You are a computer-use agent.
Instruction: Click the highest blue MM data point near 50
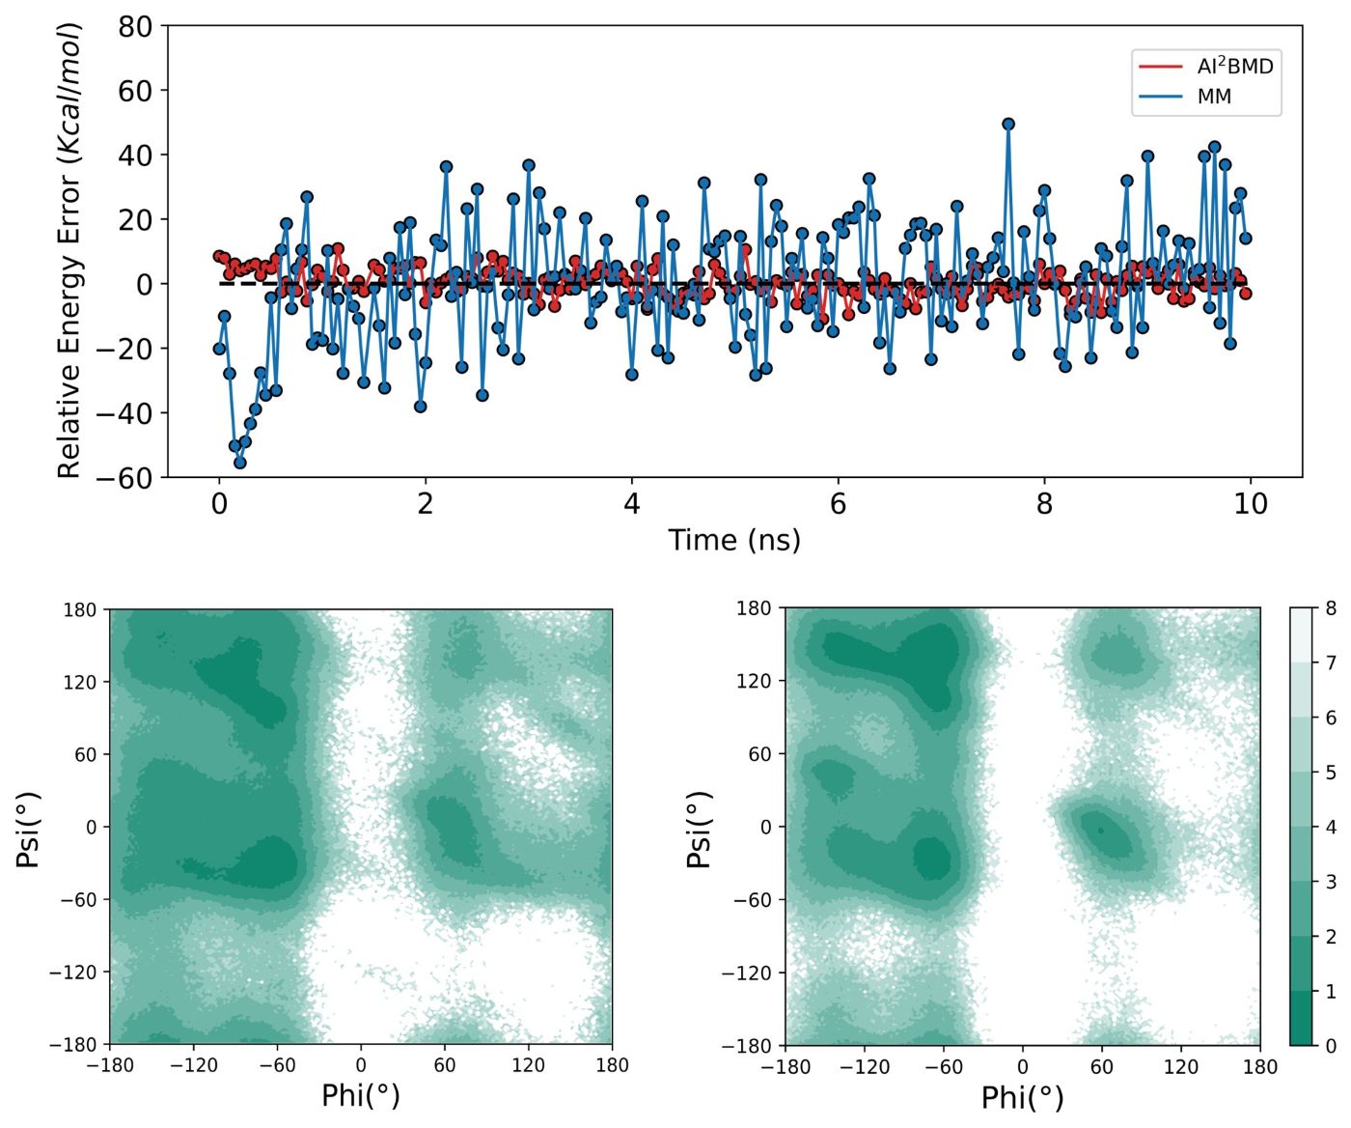coord(1008,124)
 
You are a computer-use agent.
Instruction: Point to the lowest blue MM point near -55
coord(240,463)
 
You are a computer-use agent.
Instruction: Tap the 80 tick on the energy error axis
coord(135,27)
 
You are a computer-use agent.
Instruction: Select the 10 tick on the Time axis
coord(1251,504)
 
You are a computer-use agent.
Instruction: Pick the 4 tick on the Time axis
coord(631,504)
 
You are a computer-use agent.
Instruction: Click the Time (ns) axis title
coord(734,540)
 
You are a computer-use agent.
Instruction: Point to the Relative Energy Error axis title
coord(69,251)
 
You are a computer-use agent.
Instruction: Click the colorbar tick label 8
coord(1331,608)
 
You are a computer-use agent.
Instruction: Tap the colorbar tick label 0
coord(1331,1046)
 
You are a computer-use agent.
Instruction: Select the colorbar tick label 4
coord(1331,828)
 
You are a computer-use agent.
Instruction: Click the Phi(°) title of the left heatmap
coord(360,1095)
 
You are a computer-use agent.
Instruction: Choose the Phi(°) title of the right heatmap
coord(1022,1097)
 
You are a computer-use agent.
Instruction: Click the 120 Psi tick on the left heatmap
coord(81,683)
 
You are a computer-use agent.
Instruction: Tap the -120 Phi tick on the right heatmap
coord(864,1067)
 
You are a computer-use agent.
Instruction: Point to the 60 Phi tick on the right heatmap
coord(1101,1067)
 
